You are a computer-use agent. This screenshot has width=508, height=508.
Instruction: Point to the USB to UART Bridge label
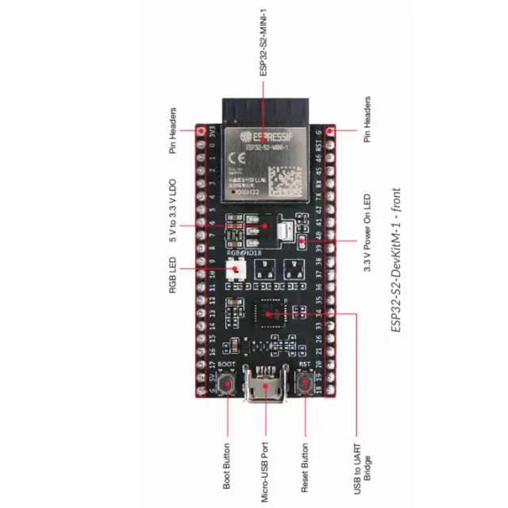click(x=361, y=466)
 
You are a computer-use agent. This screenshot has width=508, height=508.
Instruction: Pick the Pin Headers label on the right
click(x=368, y=120)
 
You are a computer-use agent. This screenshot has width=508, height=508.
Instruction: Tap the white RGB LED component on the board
click(x=236, y=269)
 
